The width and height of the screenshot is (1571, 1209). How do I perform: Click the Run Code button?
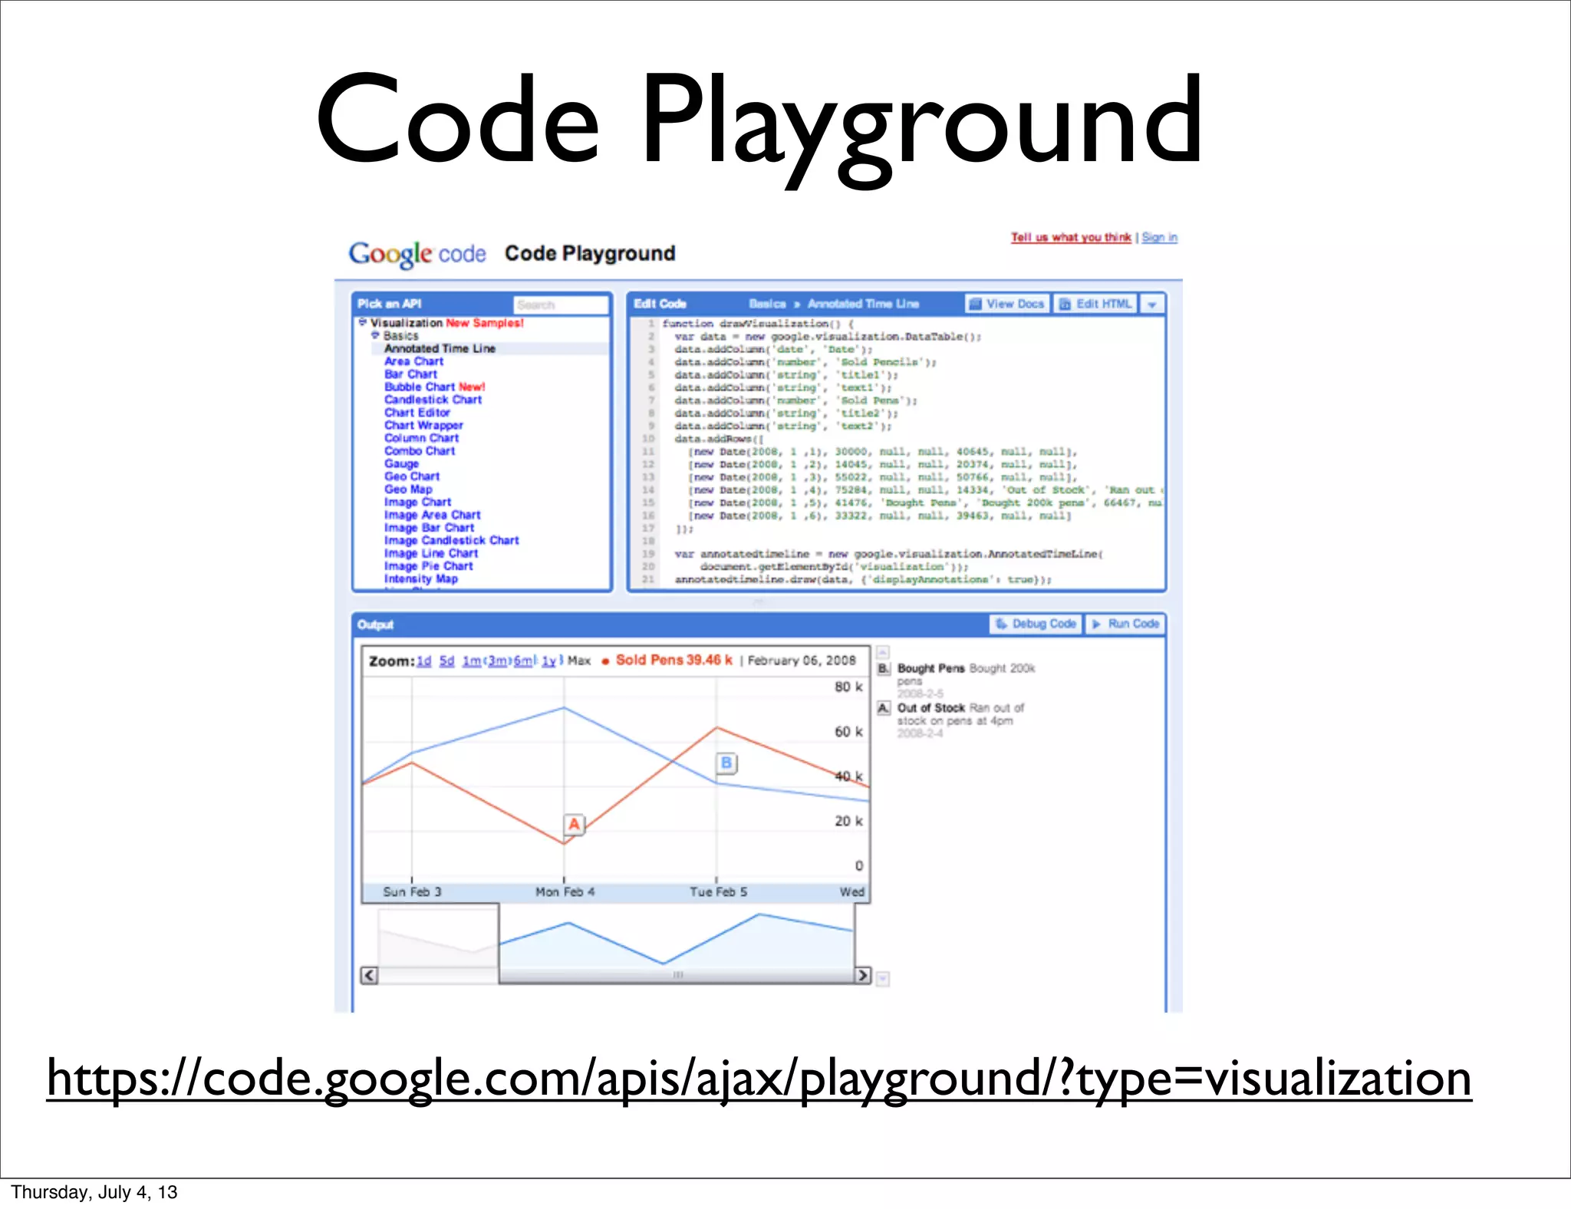point(1125,624)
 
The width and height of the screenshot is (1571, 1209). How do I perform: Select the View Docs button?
point(1006,304)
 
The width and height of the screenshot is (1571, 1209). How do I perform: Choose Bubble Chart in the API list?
point(420,387)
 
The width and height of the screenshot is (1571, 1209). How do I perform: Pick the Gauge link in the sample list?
point(401,463)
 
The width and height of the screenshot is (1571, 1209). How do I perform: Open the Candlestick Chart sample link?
point(433,400)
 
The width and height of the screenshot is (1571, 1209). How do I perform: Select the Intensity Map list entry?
point(420,579)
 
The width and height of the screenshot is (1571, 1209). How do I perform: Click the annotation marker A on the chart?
point(574,825)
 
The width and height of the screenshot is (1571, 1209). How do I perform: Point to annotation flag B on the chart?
point(726,763)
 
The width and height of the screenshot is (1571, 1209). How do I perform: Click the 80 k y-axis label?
point(848,687)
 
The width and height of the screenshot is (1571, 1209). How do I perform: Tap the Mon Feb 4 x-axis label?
point(565,892)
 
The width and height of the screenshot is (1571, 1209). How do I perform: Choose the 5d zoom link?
point(446,661)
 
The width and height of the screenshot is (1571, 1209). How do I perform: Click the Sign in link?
point(1159,238)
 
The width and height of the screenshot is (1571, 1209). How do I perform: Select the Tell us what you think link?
point(1070,238)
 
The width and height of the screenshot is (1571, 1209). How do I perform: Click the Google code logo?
point(417,254)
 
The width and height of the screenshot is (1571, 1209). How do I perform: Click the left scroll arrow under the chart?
point(370,975)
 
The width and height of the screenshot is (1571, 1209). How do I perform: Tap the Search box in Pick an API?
point(560,305)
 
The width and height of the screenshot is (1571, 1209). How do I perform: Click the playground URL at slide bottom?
point(759,1079)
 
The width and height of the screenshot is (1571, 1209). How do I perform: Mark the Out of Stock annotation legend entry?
point(930,708)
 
